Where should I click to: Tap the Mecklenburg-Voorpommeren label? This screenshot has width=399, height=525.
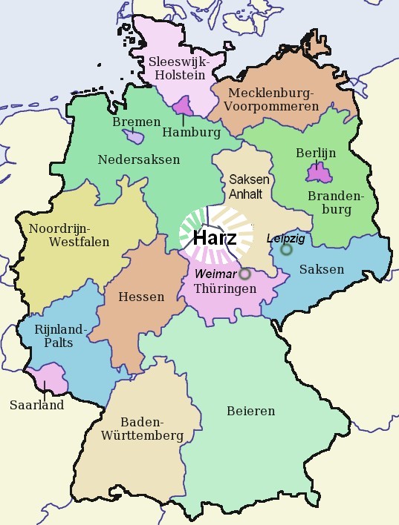tap(273, 99)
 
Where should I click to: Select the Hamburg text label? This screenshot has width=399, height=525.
tap(191, 133)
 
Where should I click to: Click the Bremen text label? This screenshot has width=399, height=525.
tap(136, 122)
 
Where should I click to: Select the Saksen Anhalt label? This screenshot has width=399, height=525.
tap(250, 187)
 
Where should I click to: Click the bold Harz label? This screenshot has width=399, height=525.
tap(215, 239)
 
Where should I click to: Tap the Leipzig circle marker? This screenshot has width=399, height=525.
tap(286, 250)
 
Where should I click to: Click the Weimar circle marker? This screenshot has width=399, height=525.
tap(245, 274)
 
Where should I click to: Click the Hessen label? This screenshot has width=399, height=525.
tap(141, 297)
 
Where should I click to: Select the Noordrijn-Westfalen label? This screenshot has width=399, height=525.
tap(69, 234)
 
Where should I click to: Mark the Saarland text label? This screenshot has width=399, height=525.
tap(36, 405)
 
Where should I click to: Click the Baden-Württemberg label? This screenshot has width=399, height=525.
tap(140, 428)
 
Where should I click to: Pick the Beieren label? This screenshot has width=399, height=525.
tap(250, 410)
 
